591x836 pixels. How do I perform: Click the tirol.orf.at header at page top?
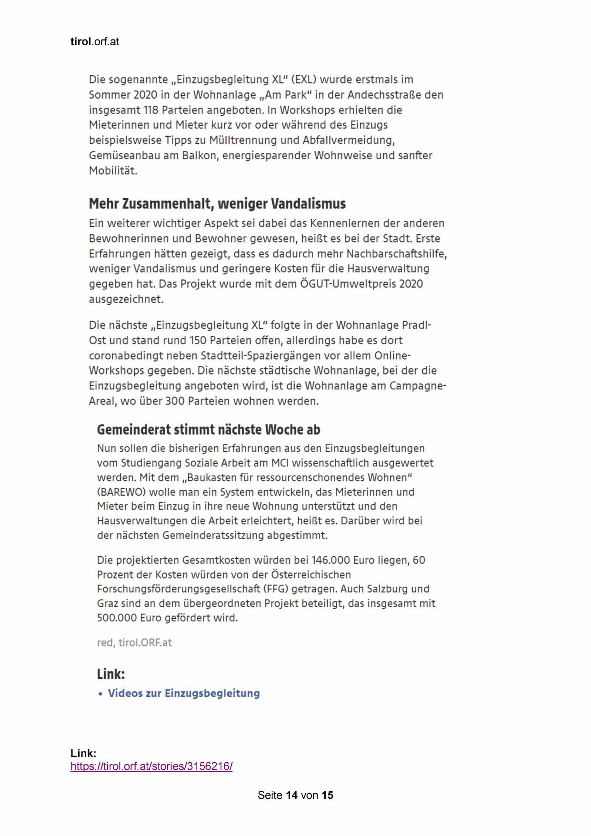coord(94,42)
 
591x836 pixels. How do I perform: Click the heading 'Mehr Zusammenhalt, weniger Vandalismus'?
coord(217,204)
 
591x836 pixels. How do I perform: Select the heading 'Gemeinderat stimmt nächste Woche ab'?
coord(208,429)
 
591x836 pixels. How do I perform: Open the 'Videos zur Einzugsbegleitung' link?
coord(184,693)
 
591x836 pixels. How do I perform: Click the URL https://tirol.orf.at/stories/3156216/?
coord(151,766)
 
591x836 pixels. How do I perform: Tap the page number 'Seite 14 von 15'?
coord(295,795)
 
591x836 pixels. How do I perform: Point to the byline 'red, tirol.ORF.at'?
coord(134,642)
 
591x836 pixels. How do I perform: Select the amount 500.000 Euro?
coord(126,618)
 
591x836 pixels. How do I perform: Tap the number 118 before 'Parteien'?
coord(150,110)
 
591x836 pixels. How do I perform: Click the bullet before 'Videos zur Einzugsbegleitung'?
coord(100,694)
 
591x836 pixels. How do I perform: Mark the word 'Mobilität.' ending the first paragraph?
coord(113,171)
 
